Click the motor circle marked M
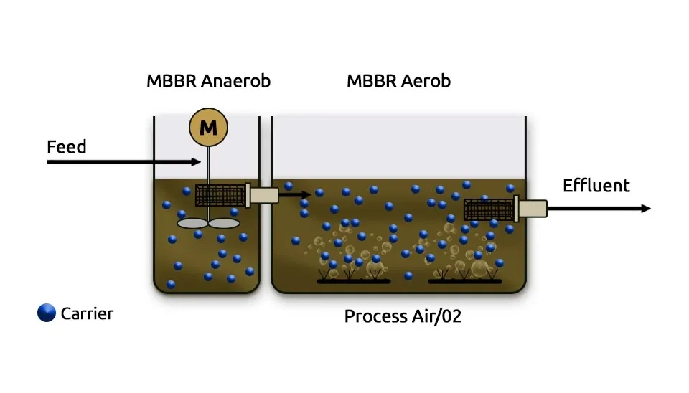click(x=208, y=128)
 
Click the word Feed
click(x=66, y=147)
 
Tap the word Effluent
click(x=596, y=186)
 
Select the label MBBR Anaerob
click(x=208, y=81)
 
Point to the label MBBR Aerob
click(x=398, y=81)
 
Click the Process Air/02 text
click(x=402, y=316)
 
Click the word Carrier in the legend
click(x=87, y=313)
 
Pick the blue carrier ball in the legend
click(x=47, y=313)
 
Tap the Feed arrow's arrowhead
click(x=197, y=162)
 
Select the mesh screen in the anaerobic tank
click(x=220, y=195)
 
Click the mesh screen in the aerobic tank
click(x=488, y=209)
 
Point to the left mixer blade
click(x=192, y=223)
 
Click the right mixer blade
click(x=224, y=223)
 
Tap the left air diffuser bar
click(x=354, y=281)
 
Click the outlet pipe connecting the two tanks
click(x=263, y=195)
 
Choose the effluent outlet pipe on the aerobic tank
click(x=532, y=209)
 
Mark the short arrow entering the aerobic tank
click(x=296, y=194)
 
